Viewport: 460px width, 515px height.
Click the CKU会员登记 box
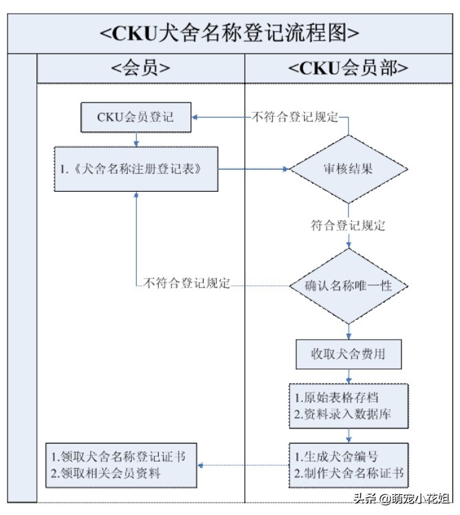135,117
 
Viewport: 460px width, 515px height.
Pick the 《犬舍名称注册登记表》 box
136,168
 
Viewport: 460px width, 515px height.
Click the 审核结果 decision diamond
349,168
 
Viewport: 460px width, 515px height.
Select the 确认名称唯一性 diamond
349,285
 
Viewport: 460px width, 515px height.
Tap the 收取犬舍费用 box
349,355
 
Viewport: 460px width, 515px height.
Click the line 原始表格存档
336,398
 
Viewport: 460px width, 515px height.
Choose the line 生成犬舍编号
336,457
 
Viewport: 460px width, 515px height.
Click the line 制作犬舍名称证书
348,473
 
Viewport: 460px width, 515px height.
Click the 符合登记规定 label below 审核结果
348,226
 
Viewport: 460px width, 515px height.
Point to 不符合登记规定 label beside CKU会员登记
296,117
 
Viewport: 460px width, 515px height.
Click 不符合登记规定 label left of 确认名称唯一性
186,283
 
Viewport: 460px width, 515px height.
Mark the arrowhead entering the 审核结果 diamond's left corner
286,168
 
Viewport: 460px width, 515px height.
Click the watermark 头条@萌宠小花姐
402,498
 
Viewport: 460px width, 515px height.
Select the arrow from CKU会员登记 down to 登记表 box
136,139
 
